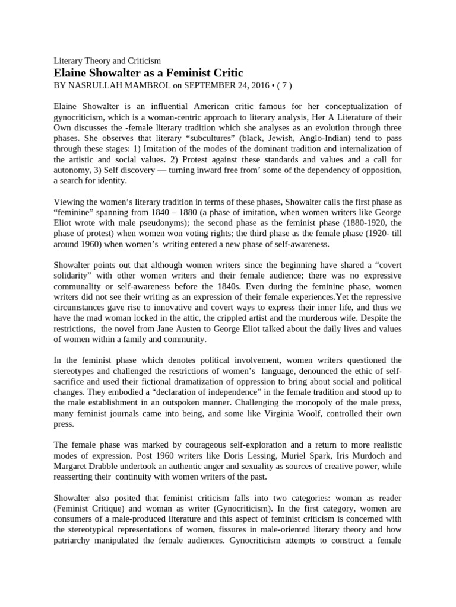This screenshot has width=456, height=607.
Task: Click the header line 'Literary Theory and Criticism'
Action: [x=107, y=60]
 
